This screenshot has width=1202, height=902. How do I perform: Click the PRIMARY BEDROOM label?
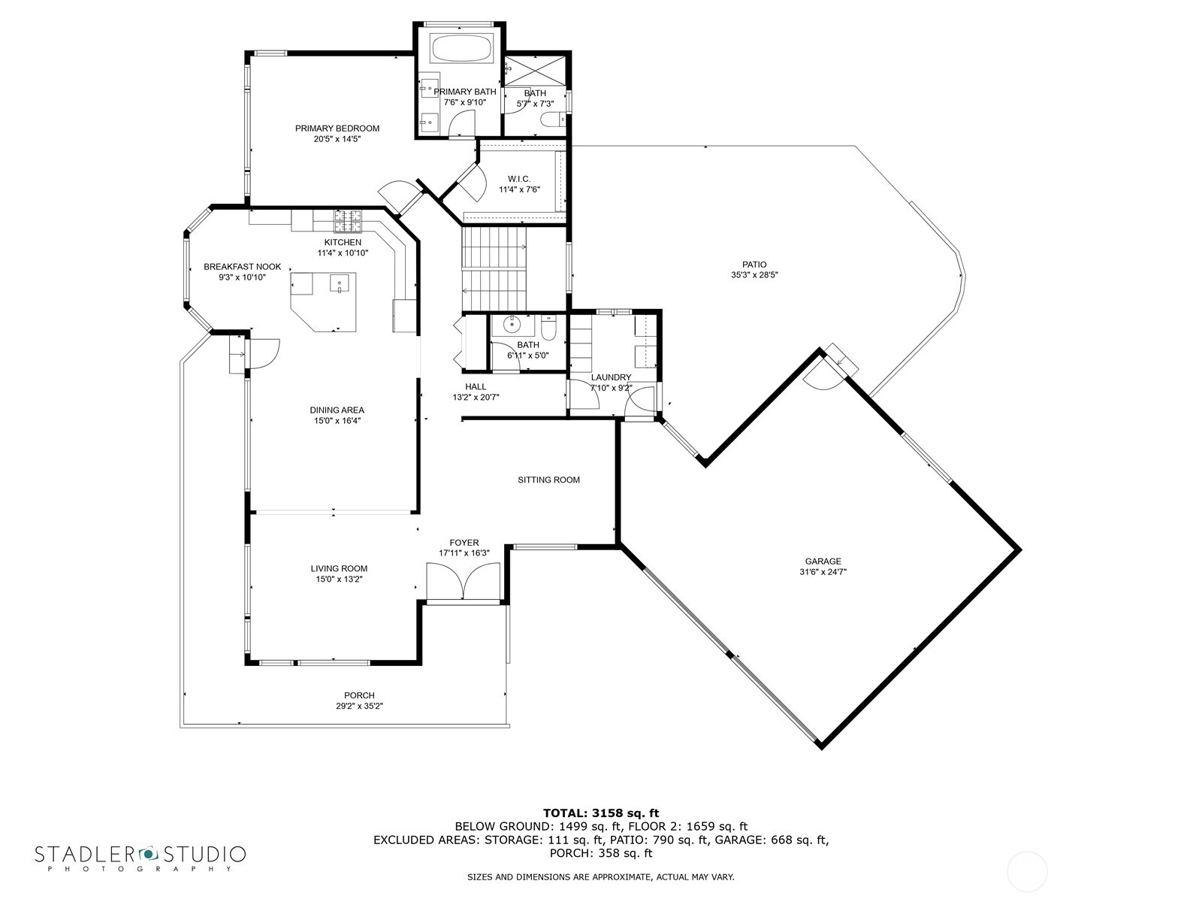point(337,129)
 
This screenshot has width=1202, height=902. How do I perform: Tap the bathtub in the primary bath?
point(461,50)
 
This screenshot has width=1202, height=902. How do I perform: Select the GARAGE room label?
point(823,561)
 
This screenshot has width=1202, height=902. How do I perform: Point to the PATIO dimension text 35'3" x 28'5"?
point(754,275)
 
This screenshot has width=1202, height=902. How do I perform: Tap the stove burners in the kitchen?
point(348,220)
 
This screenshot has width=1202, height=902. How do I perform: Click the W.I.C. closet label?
point(518,179)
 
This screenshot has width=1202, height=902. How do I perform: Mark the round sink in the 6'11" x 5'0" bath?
point(512,325)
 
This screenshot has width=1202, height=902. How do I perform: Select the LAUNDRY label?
point(611,377)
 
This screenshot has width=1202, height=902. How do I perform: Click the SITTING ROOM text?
point(548,480)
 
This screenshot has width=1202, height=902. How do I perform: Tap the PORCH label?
point(359,695)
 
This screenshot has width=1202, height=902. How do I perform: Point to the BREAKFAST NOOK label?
point(242,267)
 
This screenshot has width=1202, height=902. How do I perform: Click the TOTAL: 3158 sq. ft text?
point(600,813)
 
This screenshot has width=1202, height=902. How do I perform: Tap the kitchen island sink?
point(340,286)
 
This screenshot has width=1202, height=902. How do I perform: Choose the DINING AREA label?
point(337,410)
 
